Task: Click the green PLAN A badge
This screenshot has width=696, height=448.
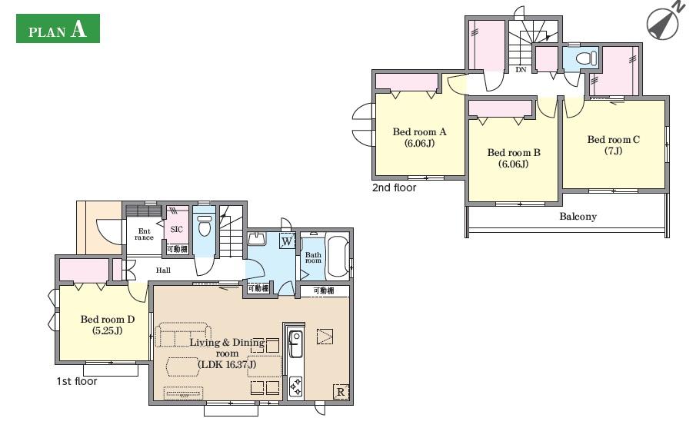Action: point(58,28)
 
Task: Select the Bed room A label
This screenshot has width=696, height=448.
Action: point(419,138)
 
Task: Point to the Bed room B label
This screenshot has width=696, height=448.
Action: point(514,158)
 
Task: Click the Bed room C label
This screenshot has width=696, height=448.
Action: point(614,145)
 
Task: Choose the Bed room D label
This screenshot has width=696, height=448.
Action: point(108,325)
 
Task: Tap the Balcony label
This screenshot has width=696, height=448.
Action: point(578,217)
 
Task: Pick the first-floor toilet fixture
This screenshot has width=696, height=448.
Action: point(205,226)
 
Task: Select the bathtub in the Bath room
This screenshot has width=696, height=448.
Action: point(338,257)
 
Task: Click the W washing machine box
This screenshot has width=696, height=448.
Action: point(287,241)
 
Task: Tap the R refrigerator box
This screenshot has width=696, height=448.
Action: point(341,392)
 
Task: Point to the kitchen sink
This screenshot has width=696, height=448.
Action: point(295,343)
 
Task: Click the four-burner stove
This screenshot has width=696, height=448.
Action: point(295,386)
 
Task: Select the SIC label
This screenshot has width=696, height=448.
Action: point(177,229)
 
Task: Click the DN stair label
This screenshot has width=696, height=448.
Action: point(521,70)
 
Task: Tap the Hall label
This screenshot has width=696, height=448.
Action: point(163,270)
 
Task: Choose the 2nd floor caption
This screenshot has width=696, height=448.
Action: point(395,187)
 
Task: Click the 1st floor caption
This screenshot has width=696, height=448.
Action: point(77,381)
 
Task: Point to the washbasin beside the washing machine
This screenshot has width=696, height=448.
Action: point(257,239)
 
